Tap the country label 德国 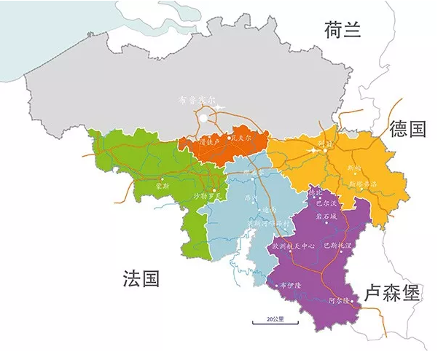click(x=407, y=129)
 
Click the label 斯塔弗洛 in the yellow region click(x=364, y=184)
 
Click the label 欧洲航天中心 click(x=293, y=246)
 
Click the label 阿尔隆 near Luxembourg click(x=340, y=300)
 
